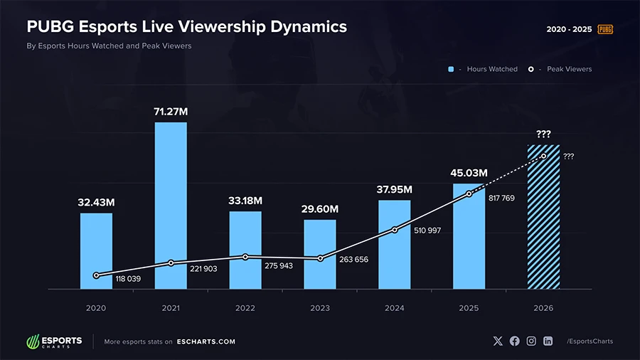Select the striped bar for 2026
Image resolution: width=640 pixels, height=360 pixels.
point(543,217)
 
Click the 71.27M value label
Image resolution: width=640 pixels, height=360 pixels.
point(171,112)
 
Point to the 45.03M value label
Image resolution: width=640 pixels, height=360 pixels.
point(469,173)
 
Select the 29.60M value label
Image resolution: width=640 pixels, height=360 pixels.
point(319,209)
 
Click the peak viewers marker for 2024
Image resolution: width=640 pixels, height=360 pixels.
point(395,230)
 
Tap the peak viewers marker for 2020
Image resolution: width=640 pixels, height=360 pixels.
point(96,275)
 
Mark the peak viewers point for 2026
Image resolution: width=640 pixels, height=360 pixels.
point(543,156)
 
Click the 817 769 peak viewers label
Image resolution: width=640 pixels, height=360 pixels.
point(501,198)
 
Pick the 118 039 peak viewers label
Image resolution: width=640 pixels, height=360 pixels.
point(128,279)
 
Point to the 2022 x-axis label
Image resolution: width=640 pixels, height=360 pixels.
point(245,308)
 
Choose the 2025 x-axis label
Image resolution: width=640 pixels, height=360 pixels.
point(469,308)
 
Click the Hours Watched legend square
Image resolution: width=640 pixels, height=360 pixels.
point(451,69)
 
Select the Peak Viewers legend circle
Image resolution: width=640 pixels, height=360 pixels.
point(531,69)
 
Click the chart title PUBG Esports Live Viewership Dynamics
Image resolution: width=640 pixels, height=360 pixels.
point(187,27)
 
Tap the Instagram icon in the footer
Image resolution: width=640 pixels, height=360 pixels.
point(531,342)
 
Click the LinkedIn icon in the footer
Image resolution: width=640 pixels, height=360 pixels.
point(548,342)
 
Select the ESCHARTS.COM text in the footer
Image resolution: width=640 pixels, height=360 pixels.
point(206,342)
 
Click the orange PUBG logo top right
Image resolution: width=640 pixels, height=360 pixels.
point(605,29)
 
